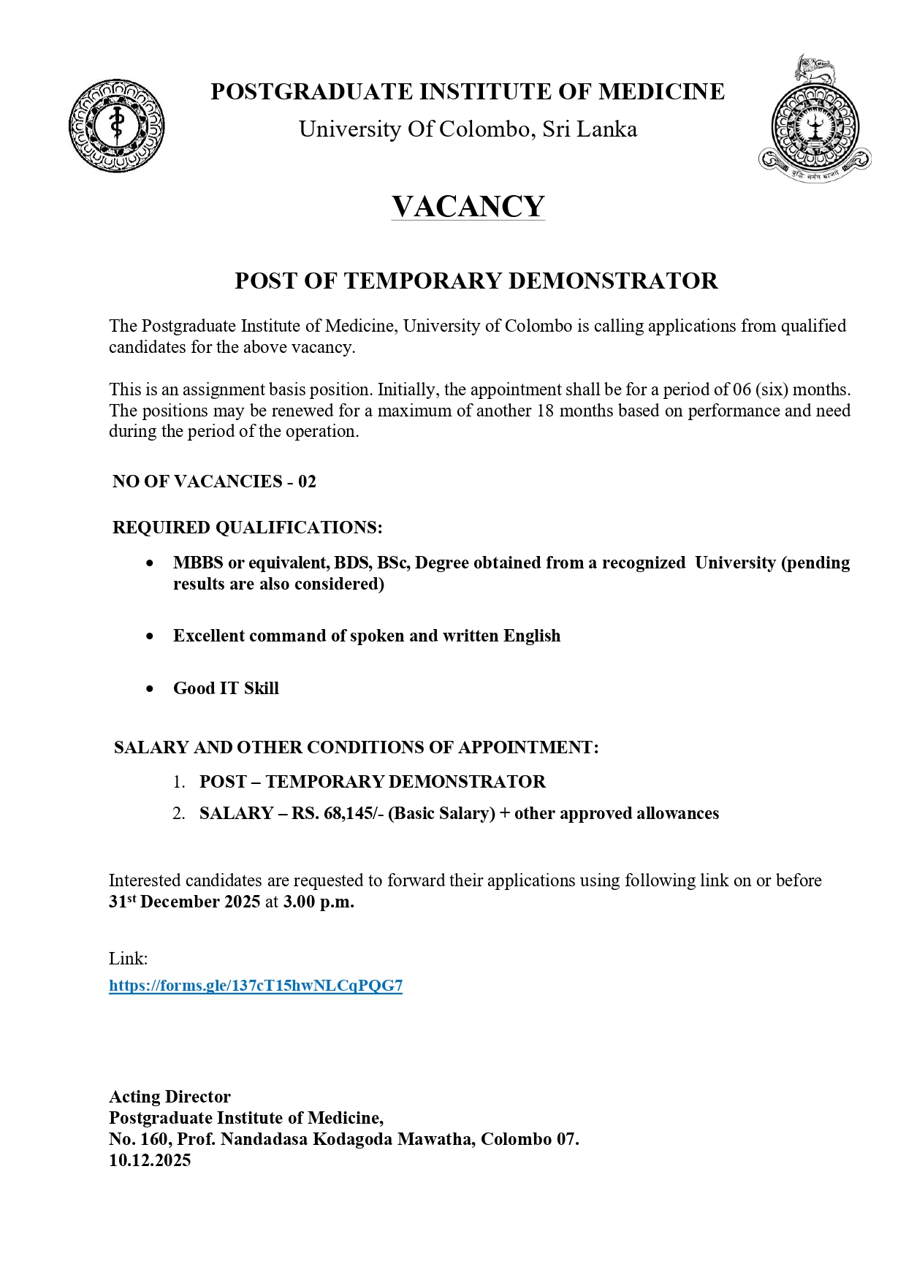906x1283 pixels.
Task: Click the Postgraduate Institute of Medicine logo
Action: pos(117,126)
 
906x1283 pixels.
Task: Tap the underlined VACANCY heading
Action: pos(468,207)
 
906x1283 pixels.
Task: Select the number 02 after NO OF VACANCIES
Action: pos(307,481)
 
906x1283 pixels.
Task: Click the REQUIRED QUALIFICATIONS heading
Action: pos(247,528)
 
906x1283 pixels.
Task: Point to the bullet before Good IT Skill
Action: pos(150,688)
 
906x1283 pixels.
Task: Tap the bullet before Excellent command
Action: pos(150,636)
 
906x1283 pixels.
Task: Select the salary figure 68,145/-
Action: pos(354,814)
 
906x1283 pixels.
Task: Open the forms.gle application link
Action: pos(256,986)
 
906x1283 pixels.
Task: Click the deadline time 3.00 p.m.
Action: pos(319,902)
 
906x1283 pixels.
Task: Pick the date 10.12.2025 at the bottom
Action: pos(150,1160)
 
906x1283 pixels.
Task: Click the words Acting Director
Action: pos(170,1097)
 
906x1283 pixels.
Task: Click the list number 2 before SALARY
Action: pos(178,814)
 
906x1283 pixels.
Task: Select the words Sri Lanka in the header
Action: pos(590,129)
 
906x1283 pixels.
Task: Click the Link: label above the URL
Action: pos(129,959)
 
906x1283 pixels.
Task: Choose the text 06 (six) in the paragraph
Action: pos(760,389)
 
